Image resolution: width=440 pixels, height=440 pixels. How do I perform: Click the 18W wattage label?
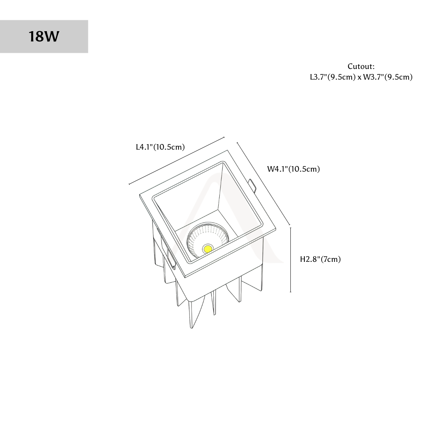[44, 37]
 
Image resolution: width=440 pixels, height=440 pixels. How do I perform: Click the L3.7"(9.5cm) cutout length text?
[333, 77]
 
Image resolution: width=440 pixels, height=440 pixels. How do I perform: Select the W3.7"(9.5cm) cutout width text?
[388, 77]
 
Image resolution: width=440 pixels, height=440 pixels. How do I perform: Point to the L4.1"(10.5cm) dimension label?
[160, 147]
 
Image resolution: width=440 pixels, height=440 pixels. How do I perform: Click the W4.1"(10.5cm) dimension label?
[293, 169]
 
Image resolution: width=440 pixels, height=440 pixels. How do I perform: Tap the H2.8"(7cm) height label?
[320, 259]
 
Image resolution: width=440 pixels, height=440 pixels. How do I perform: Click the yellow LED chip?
[208, 248]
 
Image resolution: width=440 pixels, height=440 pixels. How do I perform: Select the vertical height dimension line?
[291, 260]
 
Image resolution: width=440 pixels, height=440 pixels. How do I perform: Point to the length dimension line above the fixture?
[176, 161]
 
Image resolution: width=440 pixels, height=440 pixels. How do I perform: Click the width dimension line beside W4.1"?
[263, 184]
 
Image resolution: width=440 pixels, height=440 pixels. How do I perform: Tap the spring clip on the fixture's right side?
[253, 186]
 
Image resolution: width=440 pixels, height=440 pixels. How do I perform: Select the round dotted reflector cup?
[207, 239]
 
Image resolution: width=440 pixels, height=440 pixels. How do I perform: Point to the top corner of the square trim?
[227, 150]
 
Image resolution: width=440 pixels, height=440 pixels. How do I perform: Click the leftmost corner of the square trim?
[139, 195]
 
